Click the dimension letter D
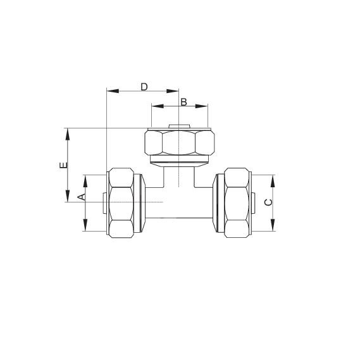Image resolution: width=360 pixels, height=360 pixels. point(144,87)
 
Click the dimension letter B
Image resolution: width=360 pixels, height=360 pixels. point(183,102)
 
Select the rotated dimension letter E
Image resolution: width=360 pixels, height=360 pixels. point(64,165)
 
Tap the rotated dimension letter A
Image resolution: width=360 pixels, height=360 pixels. point(82,197)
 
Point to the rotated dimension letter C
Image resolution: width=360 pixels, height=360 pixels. point(268,202)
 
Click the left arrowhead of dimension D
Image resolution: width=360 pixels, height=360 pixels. point(113,91)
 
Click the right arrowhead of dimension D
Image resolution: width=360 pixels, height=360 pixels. point(173,91)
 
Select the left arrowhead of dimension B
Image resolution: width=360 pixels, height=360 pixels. point(158,106)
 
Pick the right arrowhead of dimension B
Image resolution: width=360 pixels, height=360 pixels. point(201,106)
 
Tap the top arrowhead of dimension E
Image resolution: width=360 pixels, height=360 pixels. point(68,134)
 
